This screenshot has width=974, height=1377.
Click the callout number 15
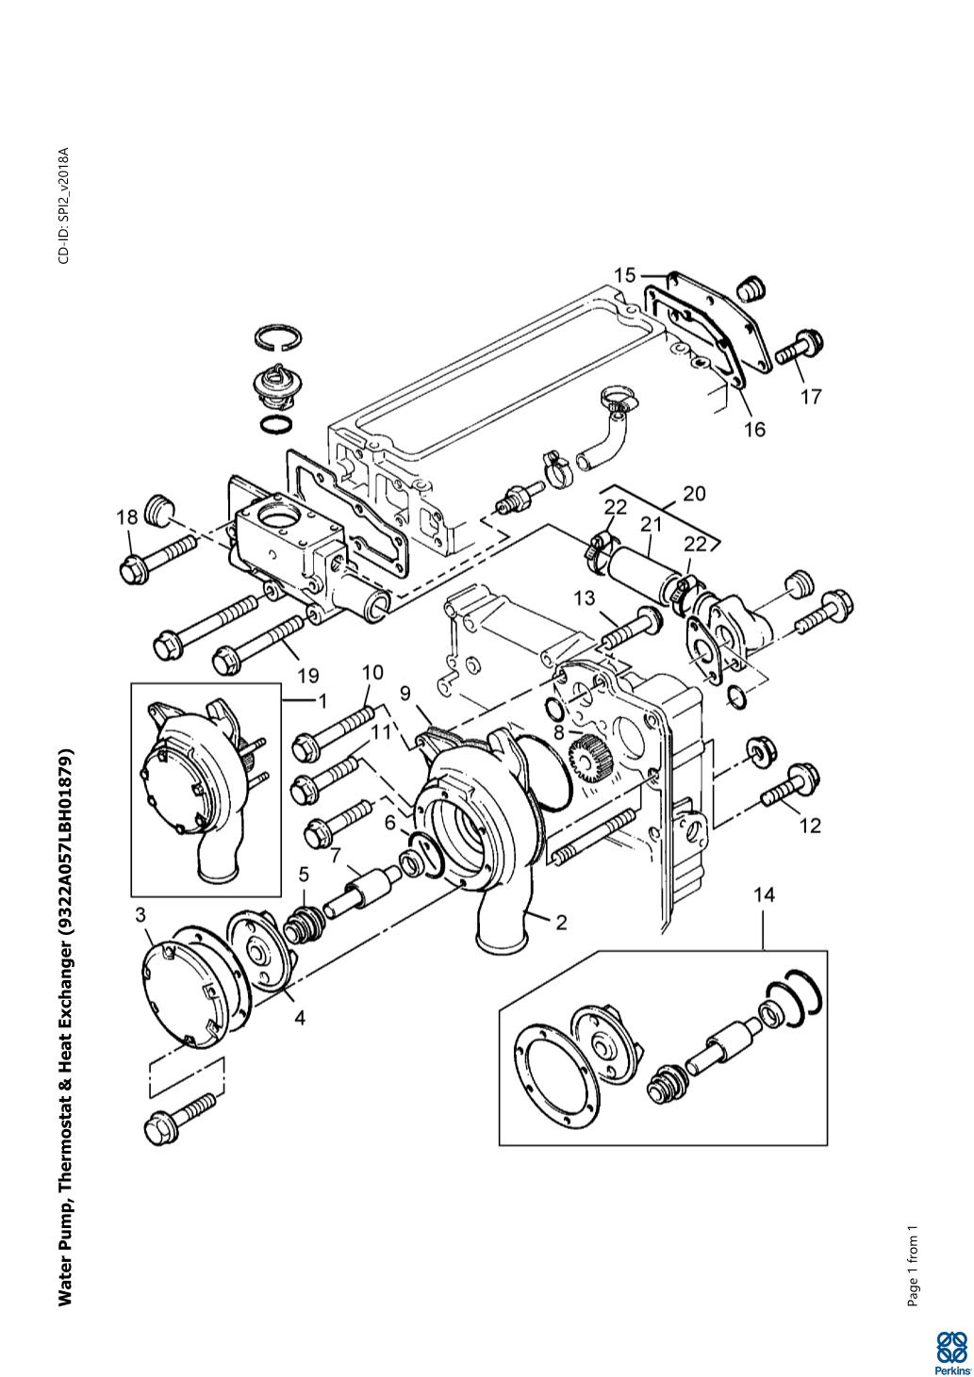pos(625,275)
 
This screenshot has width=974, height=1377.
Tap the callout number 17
pos(811,397)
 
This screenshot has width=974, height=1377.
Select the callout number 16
pos(755,429)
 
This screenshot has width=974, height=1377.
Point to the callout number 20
pos(694,493)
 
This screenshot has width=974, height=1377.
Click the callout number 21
pos(650,524)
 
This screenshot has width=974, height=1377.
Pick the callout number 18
pos(127,517)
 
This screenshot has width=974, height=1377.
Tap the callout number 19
pos(308,676)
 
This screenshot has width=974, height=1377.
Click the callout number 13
pos(585,598)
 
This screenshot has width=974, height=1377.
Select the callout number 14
pos(765,895)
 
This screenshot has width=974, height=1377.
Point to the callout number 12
pos(811,826)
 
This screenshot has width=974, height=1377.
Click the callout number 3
pos(140,915)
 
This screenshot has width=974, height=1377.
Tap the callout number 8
pos(559,732)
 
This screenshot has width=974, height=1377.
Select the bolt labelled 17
pos(798,348)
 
